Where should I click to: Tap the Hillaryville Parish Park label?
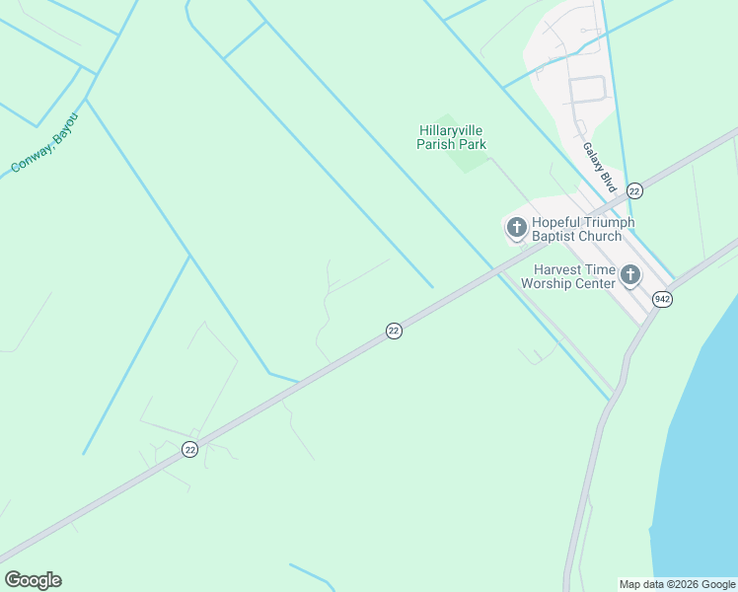pos(452,137)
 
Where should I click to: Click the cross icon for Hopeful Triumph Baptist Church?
pos(516,229)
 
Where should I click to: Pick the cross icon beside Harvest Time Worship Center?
pos(630,275)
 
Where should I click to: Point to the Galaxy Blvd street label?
pos(599,167)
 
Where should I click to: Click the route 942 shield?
pos(662,299)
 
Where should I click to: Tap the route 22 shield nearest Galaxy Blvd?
pos(633,190)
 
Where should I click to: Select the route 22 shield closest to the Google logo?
pos(189,449)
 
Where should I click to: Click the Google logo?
pos(34,580)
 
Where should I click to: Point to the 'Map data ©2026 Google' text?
pos(678,584)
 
